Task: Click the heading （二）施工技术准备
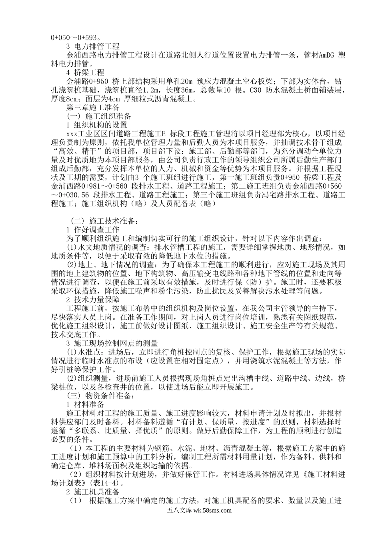point(103,221)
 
